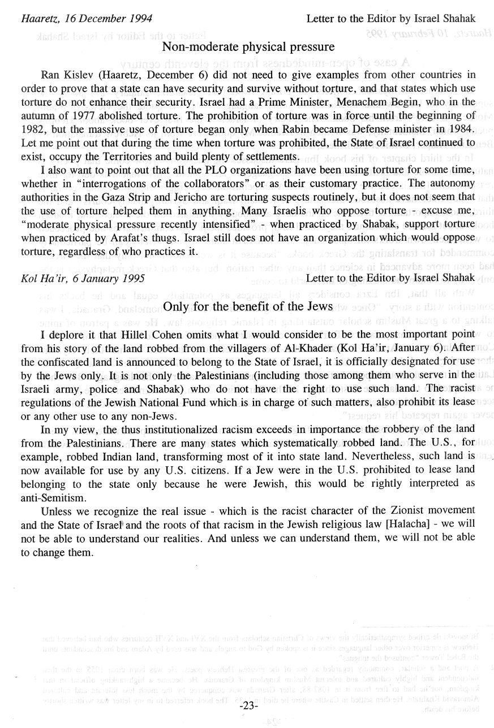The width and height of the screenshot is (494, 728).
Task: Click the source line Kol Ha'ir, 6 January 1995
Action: tap(82, 278)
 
